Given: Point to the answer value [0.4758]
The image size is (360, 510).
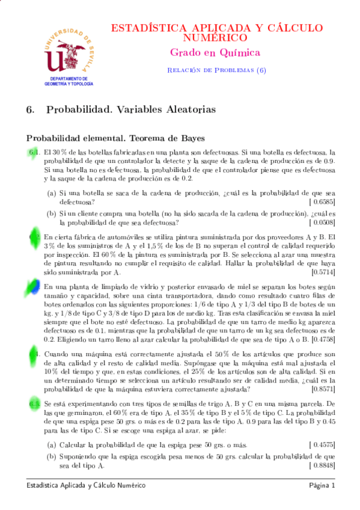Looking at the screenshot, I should point(320,339).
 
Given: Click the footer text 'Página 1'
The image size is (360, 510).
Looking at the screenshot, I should point(322,485).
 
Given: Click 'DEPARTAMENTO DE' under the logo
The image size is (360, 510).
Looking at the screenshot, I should point(69,79).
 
